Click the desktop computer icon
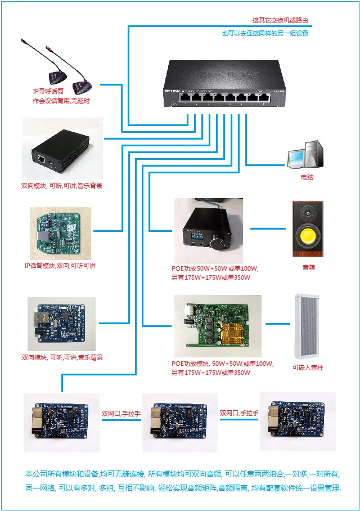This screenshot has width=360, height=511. coord(305,154)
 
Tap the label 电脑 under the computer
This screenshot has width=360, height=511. coord(307,177)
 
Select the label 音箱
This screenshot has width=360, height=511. coord(308,267)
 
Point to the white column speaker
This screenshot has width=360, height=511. coord(307,326)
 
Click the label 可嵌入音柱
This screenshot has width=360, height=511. coord(308,367)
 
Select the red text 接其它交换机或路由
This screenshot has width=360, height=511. coord(280,20)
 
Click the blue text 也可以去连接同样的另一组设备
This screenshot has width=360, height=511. coord(265,33)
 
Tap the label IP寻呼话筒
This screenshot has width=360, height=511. coord(48,91)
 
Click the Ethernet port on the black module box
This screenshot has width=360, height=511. coord(41,159)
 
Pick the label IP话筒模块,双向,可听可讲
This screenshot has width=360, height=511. coord(60,266)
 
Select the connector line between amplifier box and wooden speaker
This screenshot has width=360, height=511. coord(268,229)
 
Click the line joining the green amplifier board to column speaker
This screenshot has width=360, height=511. coord(277,324)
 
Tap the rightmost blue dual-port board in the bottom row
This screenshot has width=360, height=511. coord(297,420)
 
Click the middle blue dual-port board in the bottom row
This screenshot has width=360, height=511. coord(179,422)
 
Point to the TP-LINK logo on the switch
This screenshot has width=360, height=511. coord(172,91)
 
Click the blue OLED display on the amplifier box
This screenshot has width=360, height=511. coord(196,236)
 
